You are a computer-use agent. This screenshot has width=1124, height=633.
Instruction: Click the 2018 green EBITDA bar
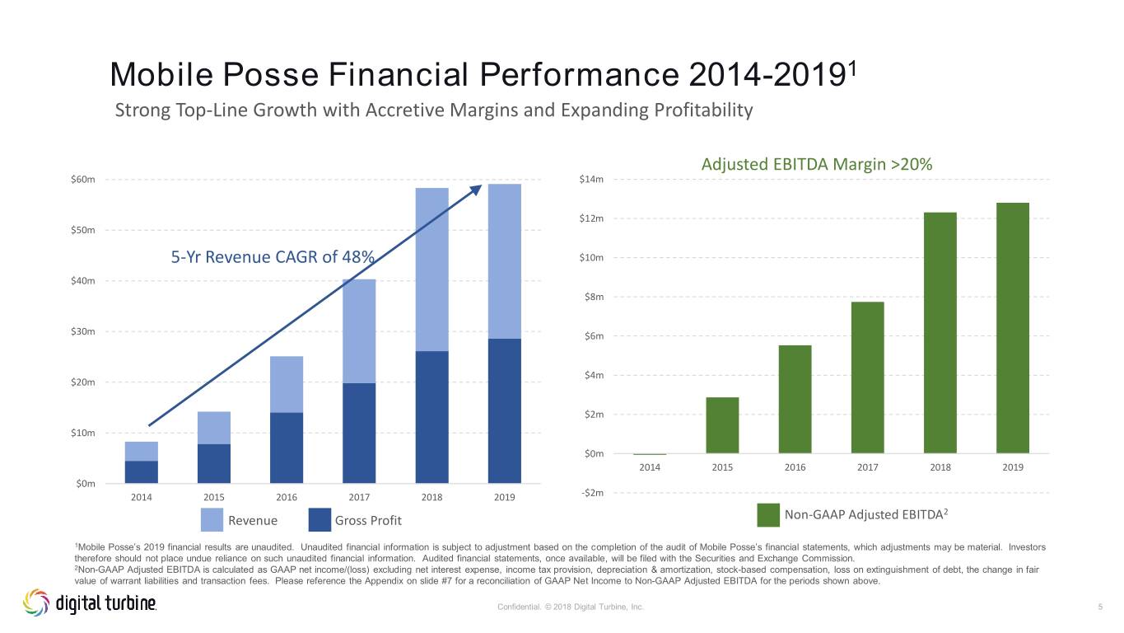pos(940,333)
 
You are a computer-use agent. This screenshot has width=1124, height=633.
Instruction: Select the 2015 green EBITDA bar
pos(722,425)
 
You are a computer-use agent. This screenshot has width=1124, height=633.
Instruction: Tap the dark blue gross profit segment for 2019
pos(504,411)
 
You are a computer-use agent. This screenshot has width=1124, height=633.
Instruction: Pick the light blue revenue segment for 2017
pos(359,331)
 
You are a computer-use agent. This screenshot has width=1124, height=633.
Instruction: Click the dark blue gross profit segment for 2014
pos(141,472)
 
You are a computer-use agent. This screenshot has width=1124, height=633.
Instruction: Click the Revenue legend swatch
pos(212,520)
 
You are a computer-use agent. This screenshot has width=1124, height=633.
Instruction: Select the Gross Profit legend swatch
pos(319,520)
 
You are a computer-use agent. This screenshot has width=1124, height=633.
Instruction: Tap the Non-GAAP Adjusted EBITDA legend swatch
pos(768,515)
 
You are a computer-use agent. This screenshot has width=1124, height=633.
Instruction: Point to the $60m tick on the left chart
pos(83,180)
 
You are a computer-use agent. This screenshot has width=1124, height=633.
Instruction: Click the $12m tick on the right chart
pos(591,218)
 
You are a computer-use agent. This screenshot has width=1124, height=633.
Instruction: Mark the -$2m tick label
pos(593,493)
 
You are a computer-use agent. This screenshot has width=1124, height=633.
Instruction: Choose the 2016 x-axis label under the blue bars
pos(287,497)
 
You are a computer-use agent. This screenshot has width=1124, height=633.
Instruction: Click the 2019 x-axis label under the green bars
pos(1013,467)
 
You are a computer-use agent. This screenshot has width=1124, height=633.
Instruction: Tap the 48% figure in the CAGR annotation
pos(358,257)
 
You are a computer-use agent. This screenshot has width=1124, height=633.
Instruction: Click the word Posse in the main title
pos(270,75)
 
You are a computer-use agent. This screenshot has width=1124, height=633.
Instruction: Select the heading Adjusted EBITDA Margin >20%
pos(816,164)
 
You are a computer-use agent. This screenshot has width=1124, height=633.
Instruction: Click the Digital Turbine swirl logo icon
pos(36,603)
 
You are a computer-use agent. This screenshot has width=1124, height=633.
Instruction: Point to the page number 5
pos(1100,607)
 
